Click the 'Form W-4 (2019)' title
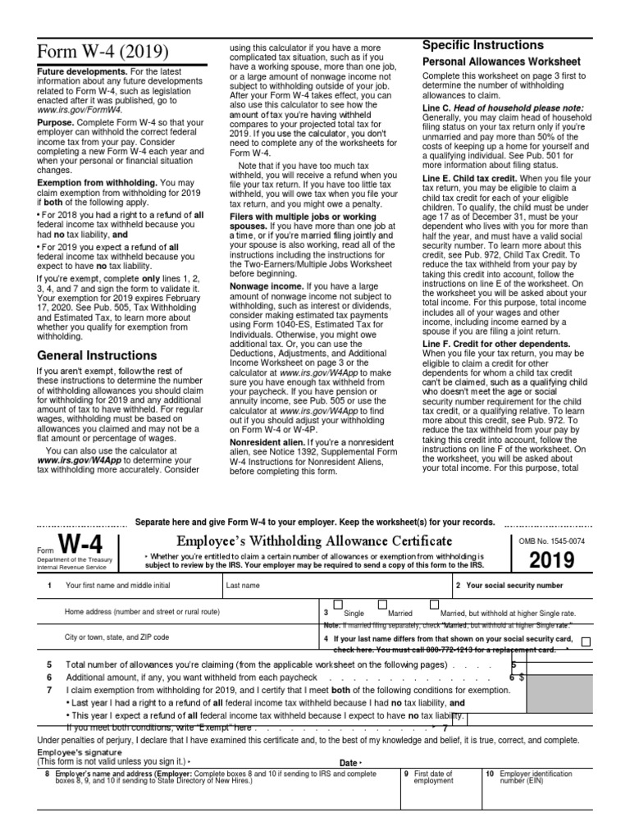tap(103, 53)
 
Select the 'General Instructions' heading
tap(97, 356)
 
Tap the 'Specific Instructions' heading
tap(482, 44)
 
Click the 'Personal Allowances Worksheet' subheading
tap(501, 62)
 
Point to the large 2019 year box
tap(552, 561)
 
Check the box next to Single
tap(338, 605)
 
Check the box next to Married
tap(381, 605)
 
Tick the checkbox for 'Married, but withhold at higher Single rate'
tap(434, 605)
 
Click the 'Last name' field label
tap(243, 586)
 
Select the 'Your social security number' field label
tap(514, 586)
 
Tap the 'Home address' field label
tap(142, 612)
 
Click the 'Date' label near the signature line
tap(349, 763)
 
